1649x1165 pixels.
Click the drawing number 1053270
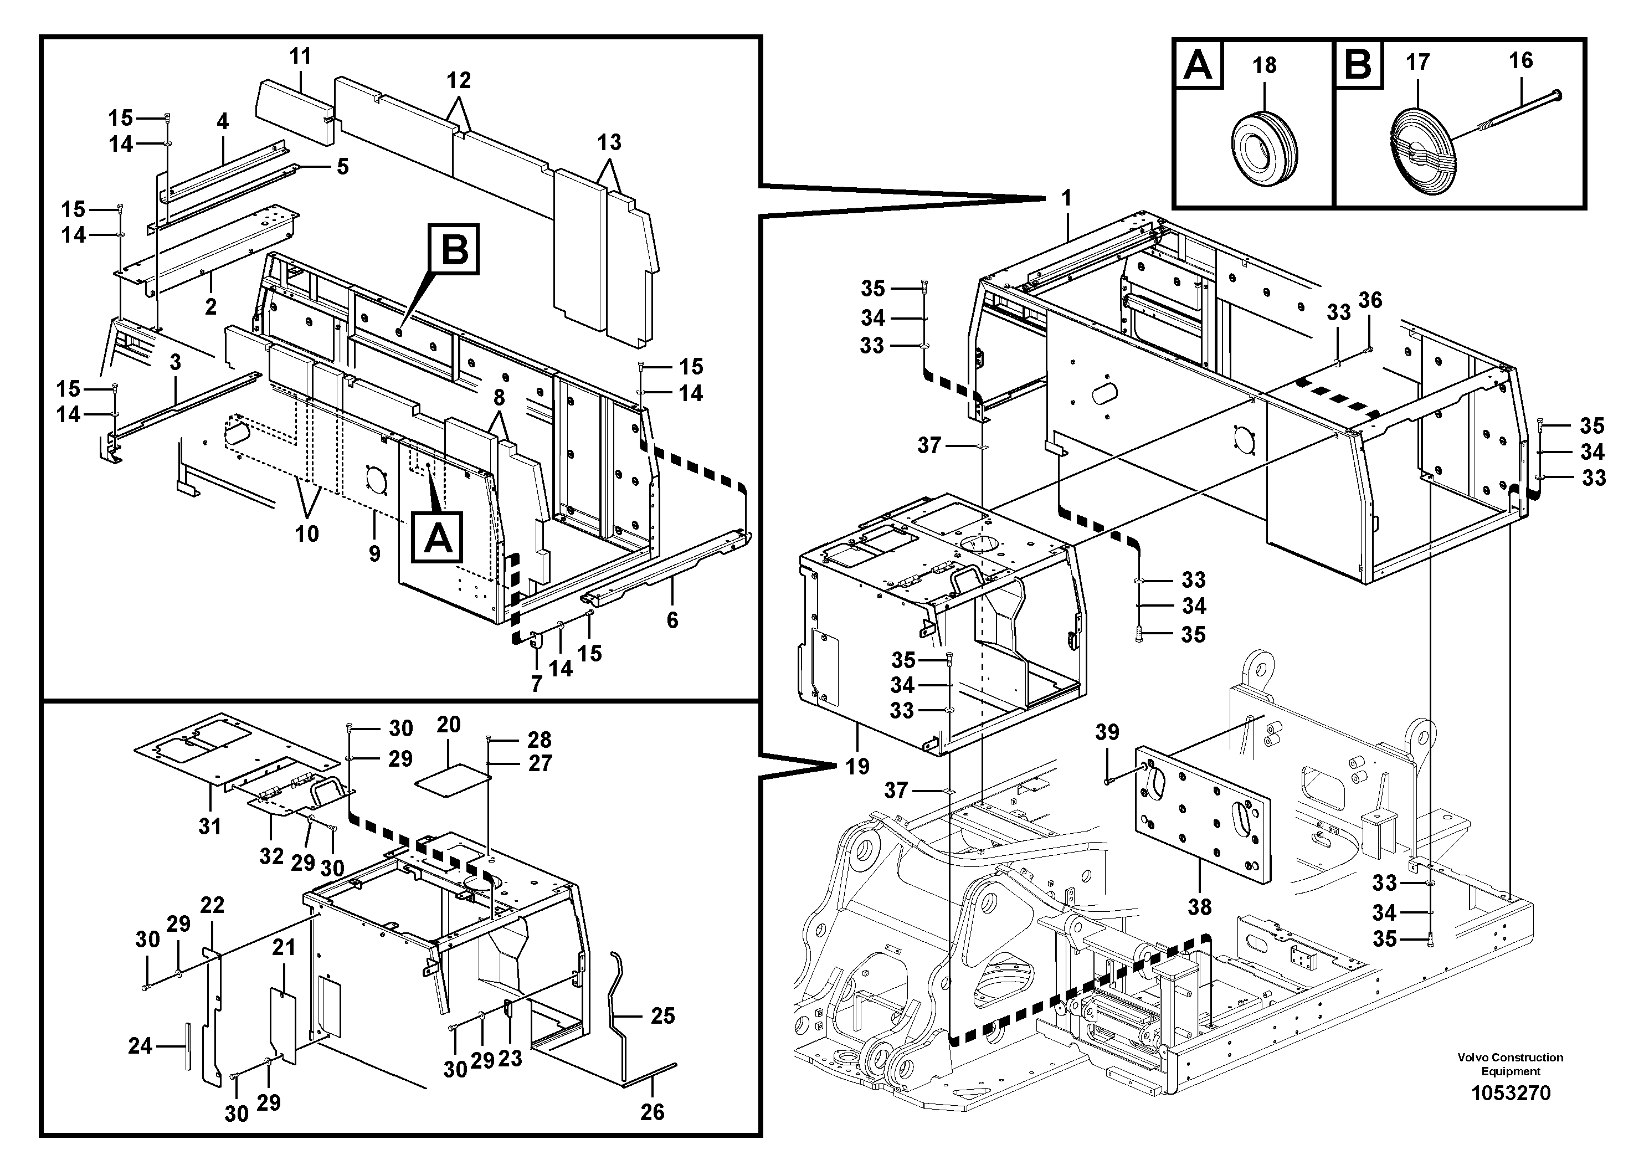[1511, 1092]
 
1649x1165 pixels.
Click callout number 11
[300, 56]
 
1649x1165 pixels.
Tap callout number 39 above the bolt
[1107, 732]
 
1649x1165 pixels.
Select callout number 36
[1370, 300]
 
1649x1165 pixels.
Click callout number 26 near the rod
[652, 1112]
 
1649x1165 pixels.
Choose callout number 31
[210, 826]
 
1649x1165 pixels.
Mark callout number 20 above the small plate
[448, 724]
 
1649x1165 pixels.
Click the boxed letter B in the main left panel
[454, 249]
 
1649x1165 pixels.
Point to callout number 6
[672, 620]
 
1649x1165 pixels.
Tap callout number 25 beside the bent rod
[662, 1015]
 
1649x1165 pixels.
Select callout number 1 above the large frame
[1066, 198]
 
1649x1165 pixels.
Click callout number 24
[140, 1046]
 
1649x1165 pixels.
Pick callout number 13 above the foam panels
[609, 142]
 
